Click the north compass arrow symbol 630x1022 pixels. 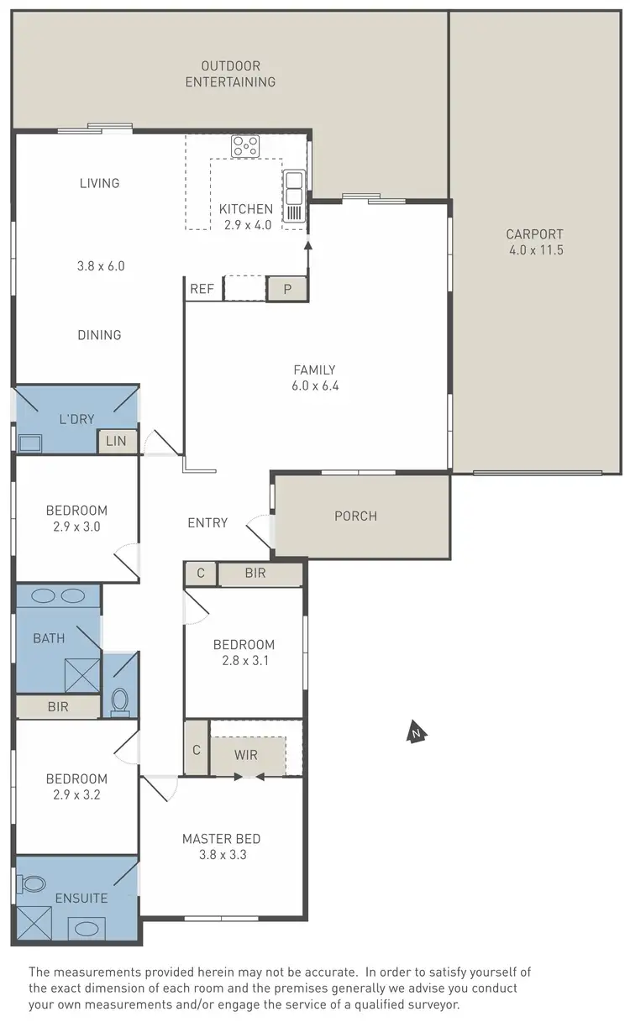click(x=415, y=732)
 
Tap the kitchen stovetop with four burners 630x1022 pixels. click(x=245, y=146)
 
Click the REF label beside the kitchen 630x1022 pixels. click(x=202, y=289)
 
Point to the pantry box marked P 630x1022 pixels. click(x=287, y=289)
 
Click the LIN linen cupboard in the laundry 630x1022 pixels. click(x=117, y=442)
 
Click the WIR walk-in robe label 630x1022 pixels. click(x=245, y=755)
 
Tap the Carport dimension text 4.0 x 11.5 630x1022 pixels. click(x=535, y=250)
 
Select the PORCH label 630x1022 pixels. click(x=355, y=516)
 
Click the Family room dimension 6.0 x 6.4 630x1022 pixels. click(x=314, y=386)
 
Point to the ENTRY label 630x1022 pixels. click(x=207, y=522)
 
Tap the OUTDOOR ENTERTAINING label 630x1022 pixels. click(x=229, y=74)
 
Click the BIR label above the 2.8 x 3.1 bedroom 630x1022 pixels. click(x=255, y=574)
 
